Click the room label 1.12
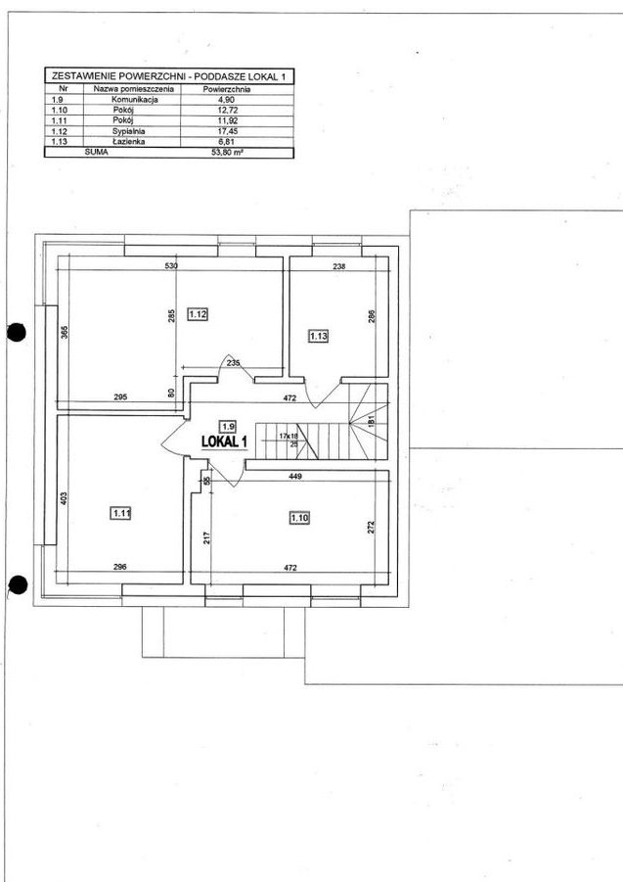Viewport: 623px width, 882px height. pos(198,314)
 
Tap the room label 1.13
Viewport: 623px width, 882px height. pos(319,337)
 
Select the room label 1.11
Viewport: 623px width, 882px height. pos(121,513)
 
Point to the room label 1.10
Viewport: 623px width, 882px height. pos(300,518)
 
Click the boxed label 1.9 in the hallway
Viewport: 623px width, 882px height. pos(227,426)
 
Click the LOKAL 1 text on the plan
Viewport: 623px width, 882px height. pos(224,441)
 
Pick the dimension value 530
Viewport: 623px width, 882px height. pos(171,265)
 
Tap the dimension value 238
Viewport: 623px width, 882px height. pos(338,267)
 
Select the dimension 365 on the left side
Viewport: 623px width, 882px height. pos(64,333)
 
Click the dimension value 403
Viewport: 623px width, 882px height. pos(64,498)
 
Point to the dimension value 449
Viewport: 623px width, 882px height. pos(295,477)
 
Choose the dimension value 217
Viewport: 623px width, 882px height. pos(206,538)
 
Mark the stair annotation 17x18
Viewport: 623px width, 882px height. pos(289,436)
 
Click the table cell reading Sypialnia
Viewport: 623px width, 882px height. pos(129,131)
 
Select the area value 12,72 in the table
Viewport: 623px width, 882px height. pos(228,111)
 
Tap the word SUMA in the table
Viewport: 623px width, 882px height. pos(97,152)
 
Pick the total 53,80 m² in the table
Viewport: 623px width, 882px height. pos(228,152)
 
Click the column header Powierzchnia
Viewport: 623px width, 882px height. pos(227,89)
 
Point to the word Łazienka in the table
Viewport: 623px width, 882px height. pos(129,142)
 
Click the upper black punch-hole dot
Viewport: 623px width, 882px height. pos(17,333)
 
